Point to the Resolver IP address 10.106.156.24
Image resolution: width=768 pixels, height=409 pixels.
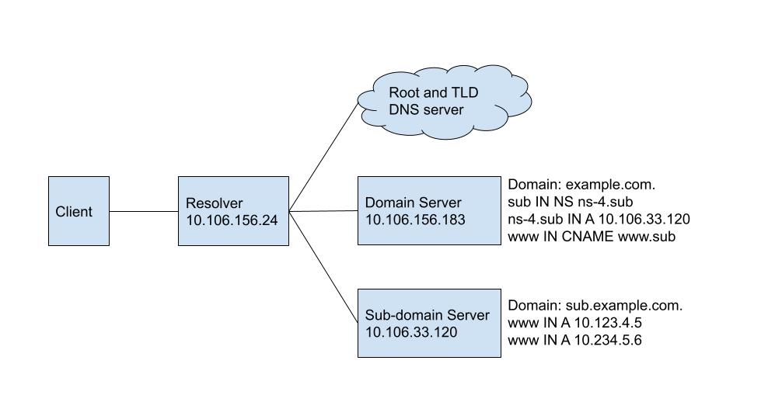click(232, 220)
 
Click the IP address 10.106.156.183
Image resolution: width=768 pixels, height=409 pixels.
click(415, 220)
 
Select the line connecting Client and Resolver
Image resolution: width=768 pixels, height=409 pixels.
click(144, 211)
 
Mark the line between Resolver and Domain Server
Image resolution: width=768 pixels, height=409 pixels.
click(323, 210)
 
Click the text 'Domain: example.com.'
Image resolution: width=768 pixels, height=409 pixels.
click(581, 185)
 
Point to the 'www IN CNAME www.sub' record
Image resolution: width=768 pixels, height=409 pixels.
click(592, 237)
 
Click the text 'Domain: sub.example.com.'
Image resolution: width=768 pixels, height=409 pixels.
click(595, 306)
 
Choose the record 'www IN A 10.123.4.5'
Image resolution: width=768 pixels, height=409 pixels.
click(574, 323)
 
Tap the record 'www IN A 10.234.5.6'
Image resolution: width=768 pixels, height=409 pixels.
click(574, 340)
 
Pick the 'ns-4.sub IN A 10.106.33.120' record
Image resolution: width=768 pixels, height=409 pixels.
click(599, 220)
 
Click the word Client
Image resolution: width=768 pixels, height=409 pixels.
click(74, 212)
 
